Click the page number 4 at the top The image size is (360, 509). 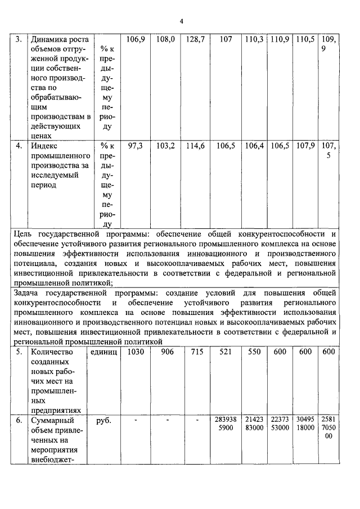click(x=182, y=21)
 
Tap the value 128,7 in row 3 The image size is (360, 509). click(x=197, y=40)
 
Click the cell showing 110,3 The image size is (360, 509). click(x=254, y=40)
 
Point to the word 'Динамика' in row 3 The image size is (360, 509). click(x=48, y=40)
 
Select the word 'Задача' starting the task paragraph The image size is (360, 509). click(x=29, y=293)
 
